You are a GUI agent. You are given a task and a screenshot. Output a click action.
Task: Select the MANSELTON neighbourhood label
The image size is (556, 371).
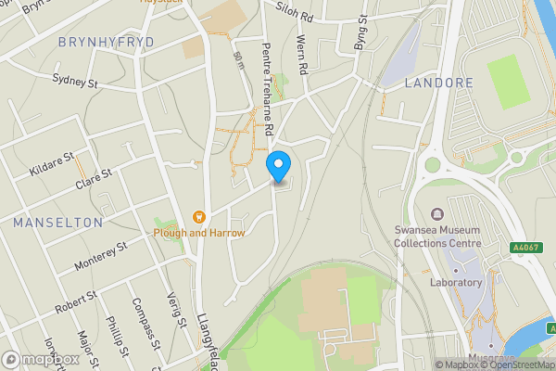point(57,223)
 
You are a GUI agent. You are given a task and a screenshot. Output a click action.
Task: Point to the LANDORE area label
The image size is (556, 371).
point(439,83)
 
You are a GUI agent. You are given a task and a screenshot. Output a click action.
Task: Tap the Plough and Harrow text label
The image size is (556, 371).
point(199,233)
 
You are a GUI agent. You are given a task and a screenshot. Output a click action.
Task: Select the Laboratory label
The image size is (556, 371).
point(457,281)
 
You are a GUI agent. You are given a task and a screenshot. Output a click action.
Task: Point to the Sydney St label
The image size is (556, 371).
point(75,83)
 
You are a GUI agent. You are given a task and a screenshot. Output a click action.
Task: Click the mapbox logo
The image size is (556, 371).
point(39,359)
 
